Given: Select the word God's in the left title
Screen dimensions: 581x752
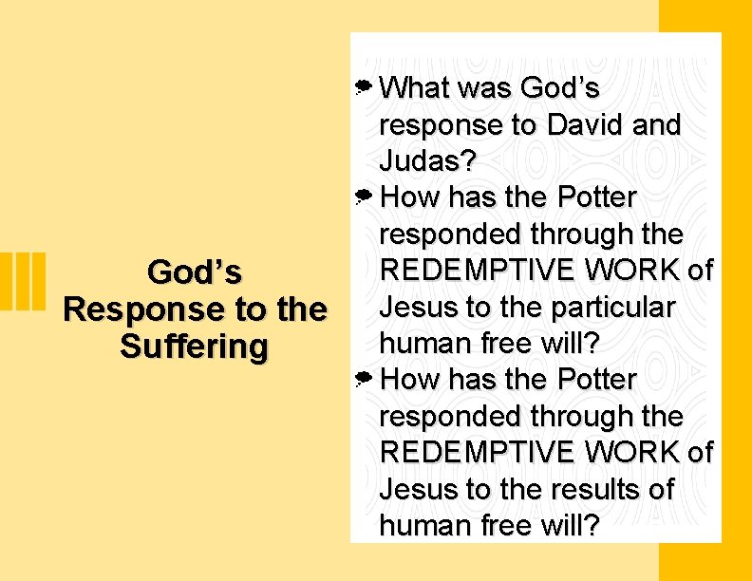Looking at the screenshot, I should pyautogui.click(x=195, y=273).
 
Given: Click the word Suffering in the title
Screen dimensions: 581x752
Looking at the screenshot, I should pyautogui.click(x=195, y=347).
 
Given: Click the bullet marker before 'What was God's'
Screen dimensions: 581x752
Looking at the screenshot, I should pyautogui.click(x=363, y=88).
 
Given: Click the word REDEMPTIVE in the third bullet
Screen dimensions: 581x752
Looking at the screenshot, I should pyautogui.click(x=478, y=453).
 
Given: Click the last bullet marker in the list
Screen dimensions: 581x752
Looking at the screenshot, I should pyautogui.click(x=363, y=380).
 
